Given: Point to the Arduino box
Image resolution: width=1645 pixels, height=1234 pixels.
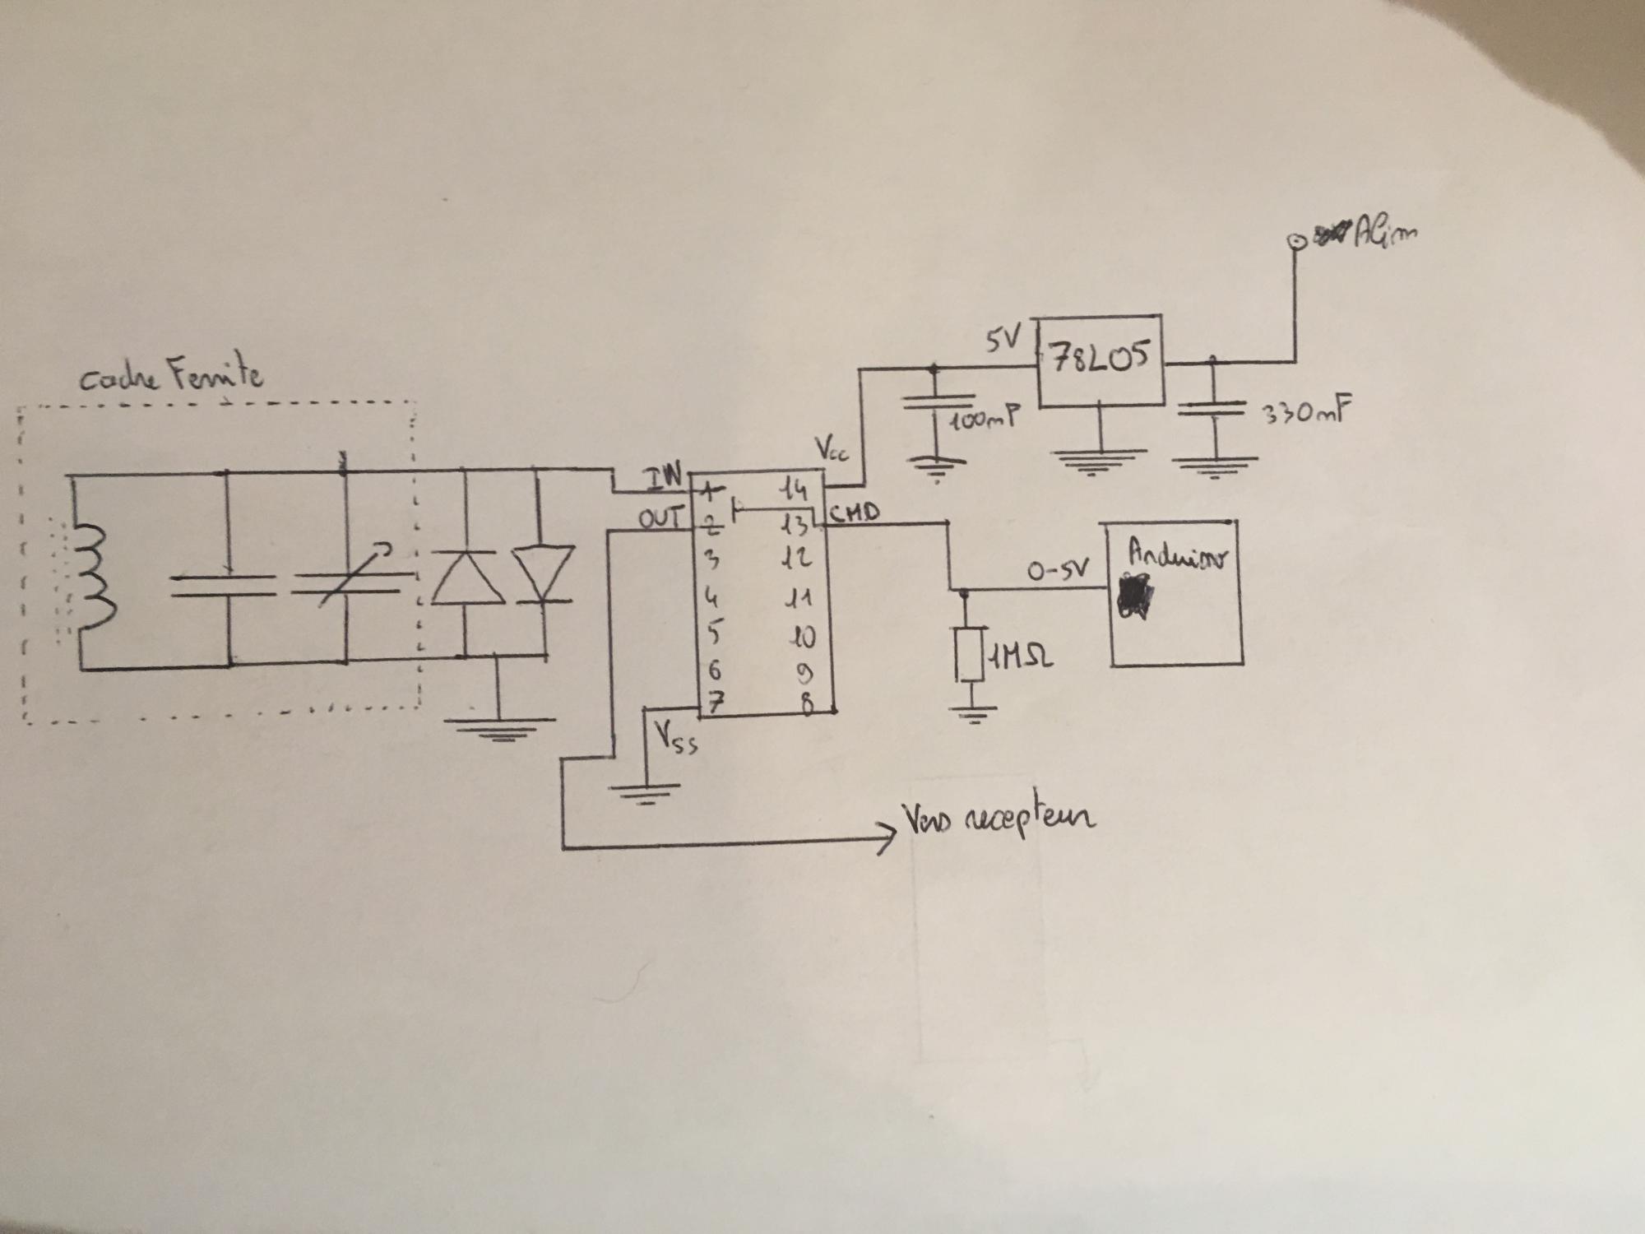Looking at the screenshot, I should [1176, 592].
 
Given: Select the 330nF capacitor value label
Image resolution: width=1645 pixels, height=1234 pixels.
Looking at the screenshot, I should [1304, 414].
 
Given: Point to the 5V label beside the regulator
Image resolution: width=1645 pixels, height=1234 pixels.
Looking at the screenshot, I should [1001, 338].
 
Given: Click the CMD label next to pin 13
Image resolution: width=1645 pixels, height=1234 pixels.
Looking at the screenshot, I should [855, 514].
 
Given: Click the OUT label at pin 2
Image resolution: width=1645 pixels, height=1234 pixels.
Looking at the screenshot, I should [660, 519].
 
